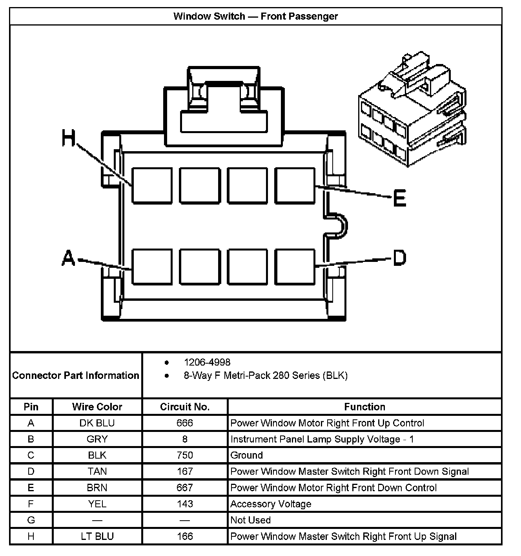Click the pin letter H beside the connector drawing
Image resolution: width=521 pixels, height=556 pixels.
tap(69, 138)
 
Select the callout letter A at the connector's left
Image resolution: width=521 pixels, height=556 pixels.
tap(68, 258)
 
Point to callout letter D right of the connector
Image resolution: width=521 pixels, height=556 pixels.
tap(399, 258)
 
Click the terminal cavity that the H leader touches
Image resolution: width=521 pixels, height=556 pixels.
tap(152, 186)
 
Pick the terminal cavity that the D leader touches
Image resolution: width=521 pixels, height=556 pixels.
tap(295, 266)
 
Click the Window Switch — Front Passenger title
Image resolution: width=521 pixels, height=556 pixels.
tap(255, 16)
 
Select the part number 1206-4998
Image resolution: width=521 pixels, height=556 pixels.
tap(207, 362)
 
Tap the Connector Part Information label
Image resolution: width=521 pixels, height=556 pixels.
tap(76, 375)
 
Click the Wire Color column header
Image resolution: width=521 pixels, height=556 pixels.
tap(97, 407)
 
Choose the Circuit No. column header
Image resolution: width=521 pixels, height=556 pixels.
tap(185, 407)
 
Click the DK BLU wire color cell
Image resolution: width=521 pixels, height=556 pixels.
tap(97, 423)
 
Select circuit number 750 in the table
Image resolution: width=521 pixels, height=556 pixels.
tap(185, 455)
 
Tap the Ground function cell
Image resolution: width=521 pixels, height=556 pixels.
tap(247, 455)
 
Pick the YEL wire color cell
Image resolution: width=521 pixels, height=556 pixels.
tap(97, 504)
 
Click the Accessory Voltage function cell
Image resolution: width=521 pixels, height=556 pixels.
tap(271, 504)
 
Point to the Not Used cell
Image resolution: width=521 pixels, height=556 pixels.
tap(251, 520)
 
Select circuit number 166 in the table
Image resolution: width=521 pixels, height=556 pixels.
tap(185, 536)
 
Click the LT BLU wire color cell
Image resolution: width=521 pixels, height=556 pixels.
tap(97, 536)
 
